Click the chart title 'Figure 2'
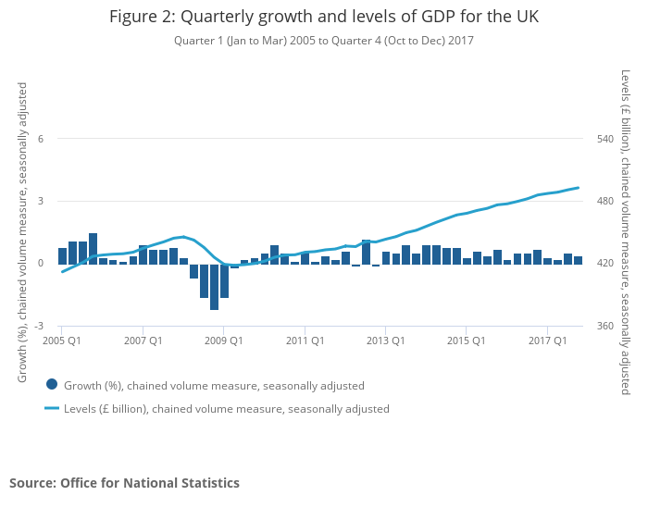(x=323, y=17)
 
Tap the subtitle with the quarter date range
(x=323, y=41)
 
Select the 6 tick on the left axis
(x=40, y=139)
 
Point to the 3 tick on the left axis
(x=40, y=202)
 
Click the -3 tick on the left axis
(x=38, y=327)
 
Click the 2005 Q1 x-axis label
(x=62, y=341)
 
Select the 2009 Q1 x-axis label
(x=224, y=341)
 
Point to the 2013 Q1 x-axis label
(x=386, y=341)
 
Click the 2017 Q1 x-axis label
(x=548, y=341)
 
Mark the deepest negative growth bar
(x=214, y=287)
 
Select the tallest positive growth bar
(x=93, y=248)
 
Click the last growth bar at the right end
(x=579, y=260)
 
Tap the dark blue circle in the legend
(x=52, y=385)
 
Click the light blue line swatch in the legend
(x=52, y=408)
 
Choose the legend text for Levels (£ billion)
(x=227, y=408)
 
